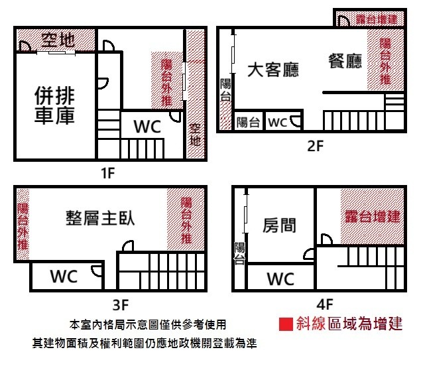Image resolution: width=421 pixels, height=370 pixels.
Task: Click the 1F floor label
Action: coord(107,174)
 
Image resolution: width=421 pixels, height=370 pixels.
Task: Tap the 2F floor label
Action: coord(314,147)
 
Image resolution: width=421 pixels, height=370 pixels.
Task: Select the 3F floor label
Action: coord(119,306)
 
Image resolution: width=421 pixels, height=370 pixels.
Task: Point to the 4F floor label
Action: coord(324,306)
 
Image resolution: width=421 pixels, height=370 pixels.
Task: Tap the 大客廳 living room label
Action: coord(274,70)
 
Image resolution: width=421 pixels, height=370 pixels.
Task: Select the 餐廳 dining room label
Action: coord(345,62)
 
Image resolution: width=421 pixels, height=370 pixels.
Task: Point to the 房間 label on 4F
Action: coord(279,226)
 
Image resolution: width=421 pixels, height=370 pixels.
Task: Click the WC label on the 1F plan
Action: coord(147,127)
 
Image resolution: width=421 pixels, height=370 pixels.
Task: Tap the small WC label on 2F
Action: coord(277,122)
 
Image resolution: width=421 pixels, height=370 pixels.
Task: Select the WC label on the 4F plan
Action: coord(280,279)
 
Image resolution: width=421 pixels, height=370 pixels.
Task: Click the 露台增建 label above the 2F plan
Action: coord(376,19)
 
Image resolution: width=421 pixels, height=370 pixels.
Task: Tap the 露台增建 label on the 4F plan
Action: coord(373,216)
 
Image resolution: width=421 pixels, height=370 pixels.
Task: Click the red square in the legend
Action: coord(286,324)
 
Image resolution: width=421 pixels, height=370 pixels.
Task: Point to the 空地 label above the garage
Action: coord(58,40)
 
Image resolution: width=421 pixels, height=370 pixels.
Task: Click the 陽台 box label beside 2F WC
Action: coord(248,122)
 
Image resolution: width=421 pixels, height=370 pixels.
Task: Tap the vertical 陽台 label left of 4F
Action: coord(239,254)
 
